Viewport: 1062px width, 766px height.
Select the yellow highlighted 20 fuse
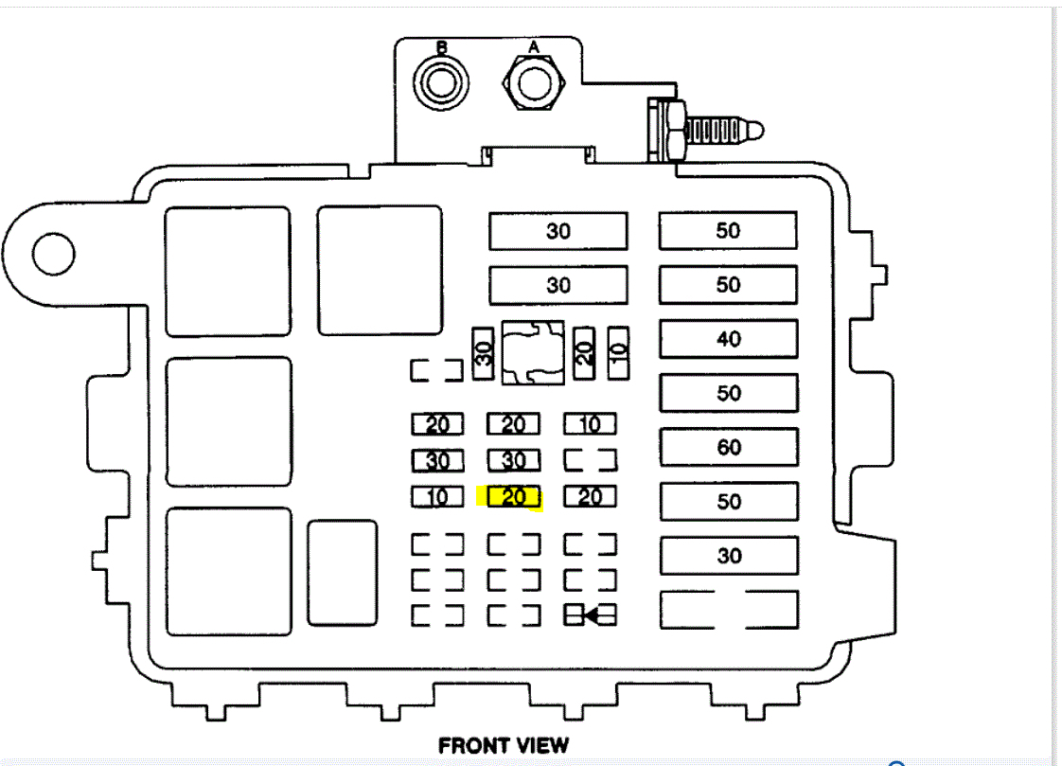click(513, 496)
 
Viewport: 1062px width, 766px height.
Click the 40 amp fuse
click(728, 339)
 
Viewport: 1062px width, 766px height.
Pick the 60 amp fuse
click(728, 447)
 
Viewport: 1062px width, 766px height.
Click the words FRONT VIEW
click(504, 745)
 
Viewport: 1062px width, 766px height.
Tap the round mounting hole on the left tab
click(53, 252)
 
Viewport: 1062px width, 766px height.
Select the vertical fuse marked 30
click(483, 354)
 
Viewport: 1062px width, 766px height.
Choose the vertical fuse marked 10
click(617, 354)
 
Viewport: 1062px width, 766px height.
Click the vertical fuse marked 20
click(584, 354)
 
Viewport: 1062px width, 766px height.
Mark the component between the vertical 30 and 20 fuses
click(532, 353)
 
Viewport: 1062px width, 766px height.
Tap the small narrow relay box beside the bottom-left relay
click(342, 572)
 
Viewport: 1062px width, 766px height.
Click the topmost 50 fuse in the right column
click(728, 231)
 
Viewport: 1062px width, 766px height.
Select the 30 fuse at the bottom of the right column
click(728, 555)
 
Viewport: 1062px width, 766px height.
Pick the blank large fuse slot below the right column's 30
click(728, 610)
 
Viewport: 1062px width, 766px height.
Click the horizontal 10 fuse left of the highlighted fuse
click(437, 496)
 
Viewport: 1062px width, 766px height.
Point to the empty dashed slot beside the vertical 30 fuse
click(436, 369)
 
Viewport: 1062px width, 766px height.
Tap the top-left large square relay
click(227, 271)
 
